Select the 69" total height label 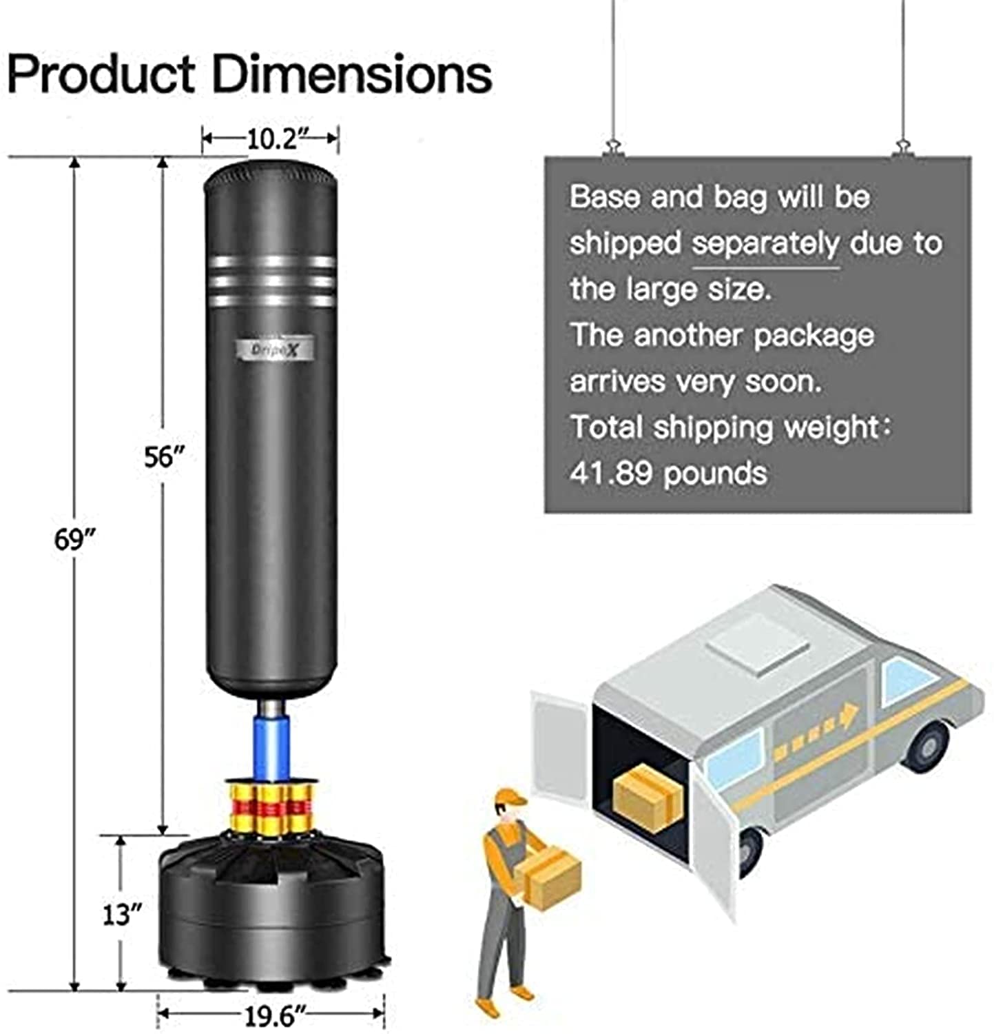[x=74, y=539]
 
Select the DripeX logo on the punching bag [x=273, y=350]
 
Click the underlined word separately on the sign [x=765, y=244]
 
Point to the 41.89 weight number [x=610, y=474]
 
